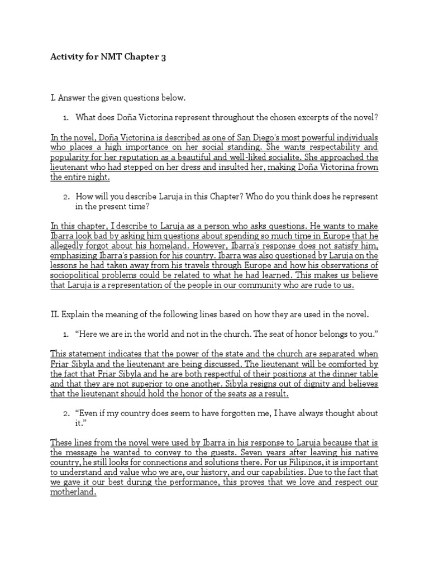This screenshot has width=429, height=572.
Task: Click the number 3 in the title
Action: [x=163, y=58]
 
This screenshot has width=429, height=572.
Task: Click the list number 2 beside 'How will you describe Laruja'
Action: [x=65, y=197]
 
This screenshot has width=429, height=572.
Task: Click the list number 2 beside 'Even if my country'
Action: [x=65, y=413]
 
